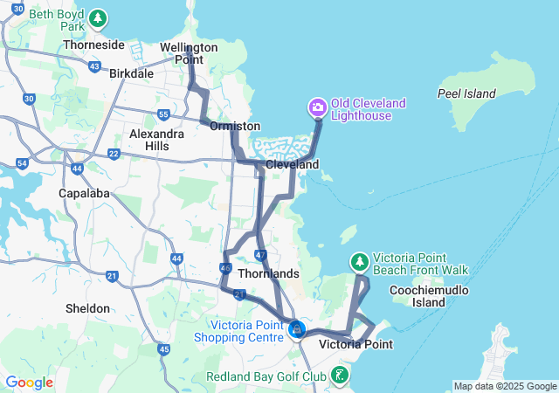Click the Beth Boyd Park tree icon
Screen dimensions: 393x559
tap(99, 17)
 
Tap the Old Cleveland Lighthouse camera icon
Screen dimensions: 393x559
tap(317, 108)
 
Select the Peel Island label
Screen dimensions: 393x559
tap(466, 93)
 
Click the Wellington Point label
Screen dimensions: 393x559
tap(189, 53)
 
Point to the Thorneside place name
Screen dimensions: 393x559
tap(92, 45)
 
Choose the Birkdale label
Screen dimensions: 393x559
tap(131, 74)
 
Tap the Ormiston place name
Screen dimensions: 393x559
tap(235, 127)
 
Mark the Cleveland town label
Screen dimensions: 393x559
tap(292, 164)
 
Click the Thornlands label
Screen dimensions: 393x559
tap(269, 274)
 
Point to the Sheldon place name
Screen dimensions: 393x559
tap(88, 308)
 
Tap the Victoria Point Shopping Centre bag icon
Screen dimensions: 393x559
tap(297, 330)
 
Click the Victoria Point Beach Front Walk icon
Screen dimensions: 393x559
tap(359, 261)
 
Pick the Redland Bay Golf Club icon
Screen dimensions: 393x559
tap(340, 376)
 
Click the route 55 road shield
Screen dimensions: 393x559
tap(163, 115)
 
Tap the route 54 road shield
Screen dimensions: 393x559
tap(23, 163)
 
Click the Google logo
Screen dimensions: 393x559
tap(29, 383)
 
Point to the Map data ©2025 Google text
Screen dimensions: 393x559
tap(505, 386)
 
